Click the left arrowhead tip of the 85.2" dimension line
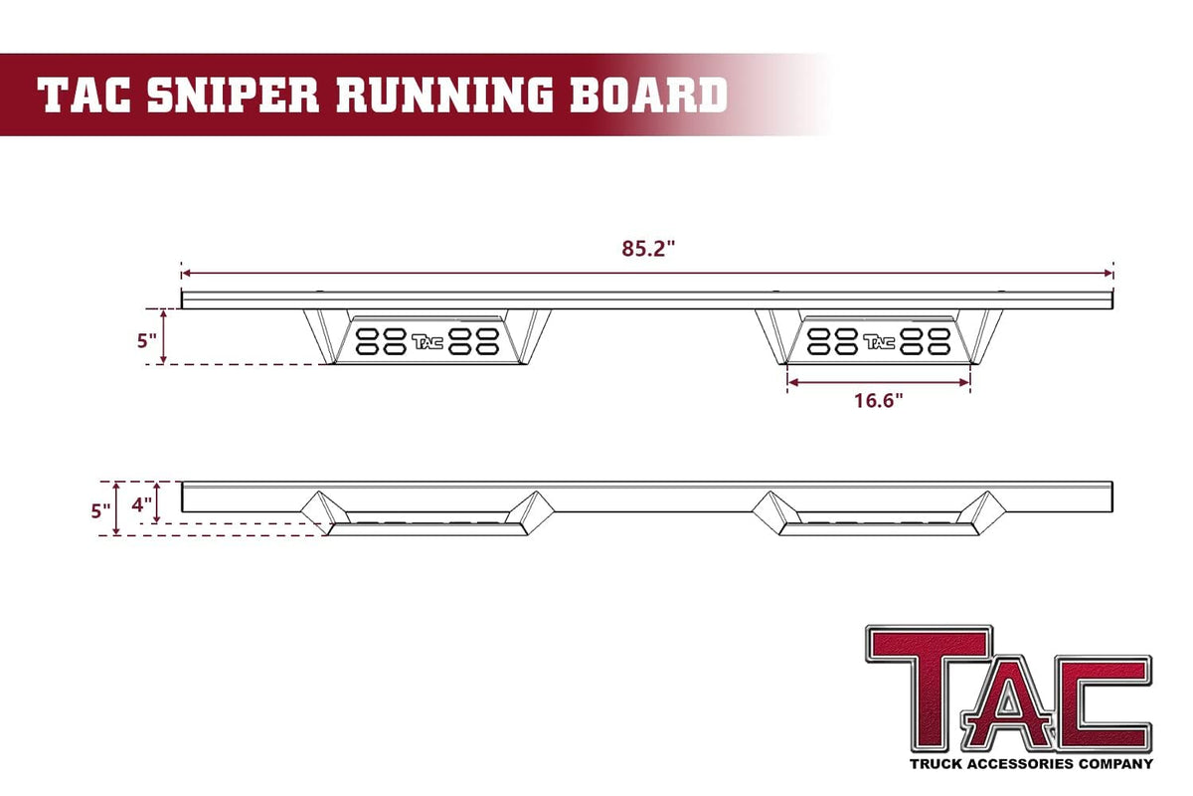coord(182,274)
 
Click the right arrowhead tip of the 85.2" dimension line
coord(1112,274)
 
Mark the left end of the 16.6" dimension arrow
coord(788,382)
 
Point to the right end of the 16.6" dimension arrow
coord(969,382)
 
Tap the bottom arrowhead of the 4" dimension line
coord(157,522)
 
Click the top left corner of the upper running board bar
coord(182,292)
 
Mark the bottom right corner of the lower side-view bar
coord(1112,511)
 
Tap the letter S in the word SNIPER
coord(162,95)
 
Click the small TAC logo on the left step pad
coord(427,341)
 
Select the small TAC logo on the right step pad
coord(879,341)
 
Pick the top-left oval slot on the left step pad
coord(367,334)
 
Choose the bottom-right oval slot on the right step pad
coord(938,349)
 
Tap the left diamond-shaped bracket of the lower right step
coord(771,510)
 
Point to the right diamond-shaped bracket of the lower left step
coord(530,511)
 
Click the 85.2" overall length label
coord(648,249)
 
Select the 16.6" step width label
coord(879,400)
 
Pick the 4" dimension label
coord(141,504)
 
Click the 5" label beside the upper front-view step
coord(147,340)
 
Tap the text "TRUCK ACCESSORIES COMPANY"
coord(1031,764)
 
